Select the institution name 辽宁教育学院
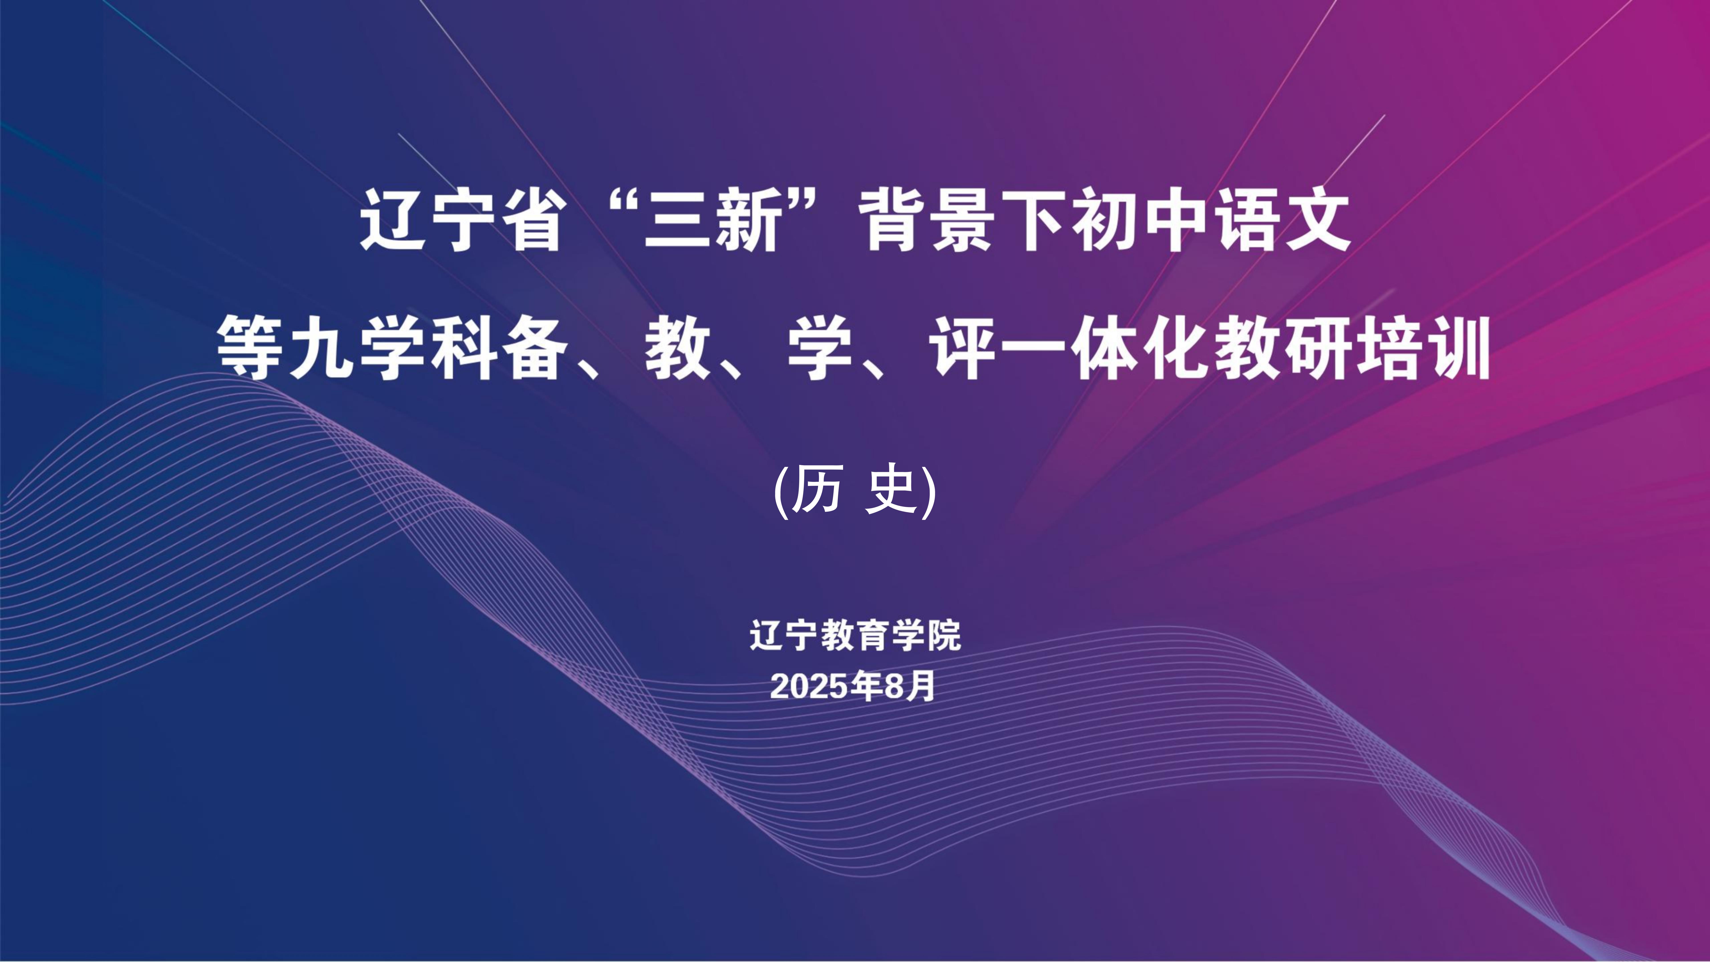(x=855, y=635)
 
